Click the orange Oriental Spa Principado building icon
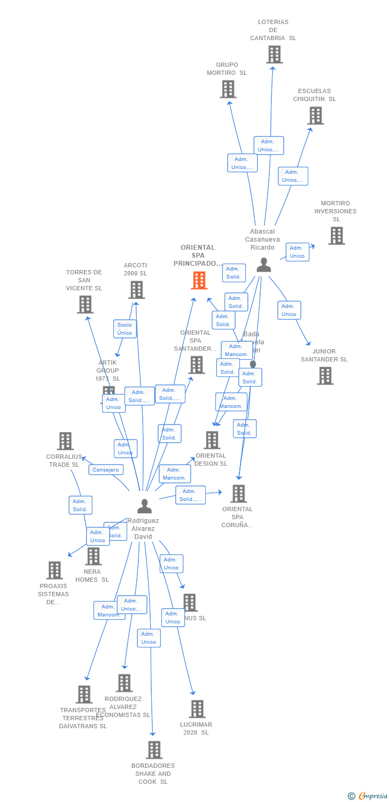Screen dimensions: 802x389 tap(199, 280)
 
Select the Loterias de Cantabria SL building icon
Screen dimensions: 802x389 tap(274, 55)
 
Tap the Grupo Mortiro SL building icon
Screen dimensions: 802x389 tap(228, 89)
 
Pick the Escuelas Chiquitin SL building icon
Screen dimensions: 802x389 tap(316, 115)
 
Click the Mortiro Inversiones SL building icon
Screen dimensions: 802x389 tap(337, 236)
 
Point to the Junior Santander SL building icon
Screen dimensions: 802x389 tap(325, 376)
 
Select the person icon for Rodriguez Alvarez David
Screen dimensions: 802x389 tap(144, 506)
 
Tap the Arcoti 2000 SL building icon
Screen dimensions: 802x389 tap(136, 290)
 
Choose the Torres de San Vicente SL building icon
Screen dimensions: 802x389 tap(85, 304)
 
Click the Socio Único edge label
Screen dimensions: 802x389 tap(125, 329)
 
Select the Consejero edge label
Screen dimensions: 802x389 tap(106, 470)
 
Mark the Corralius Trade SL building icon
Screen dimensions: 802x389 tap(65, 441)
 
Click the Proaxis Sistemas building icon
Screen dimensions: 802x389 tap(55, 570)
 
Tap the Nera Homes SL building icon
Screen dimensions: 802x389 tap(93, 556)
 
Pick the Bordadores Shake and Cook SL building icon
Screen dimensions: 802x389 tap(154, 750)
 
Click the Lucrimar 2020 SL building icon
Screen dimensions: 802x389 tap(197, 709)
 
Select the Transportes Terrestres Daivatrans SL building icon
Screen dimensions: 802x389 tap(84, 695)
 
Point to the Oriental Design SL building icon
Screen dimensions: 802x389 tap(212, 440)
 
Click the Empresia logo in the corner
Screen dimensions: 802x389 tap(368, 796)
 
